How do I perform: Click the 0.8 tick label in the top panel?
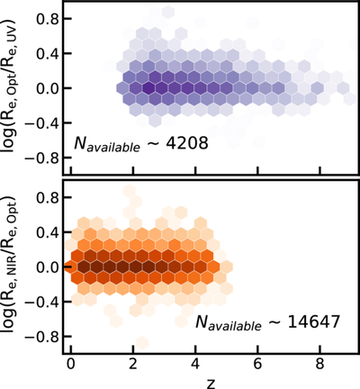[x=46, y=19]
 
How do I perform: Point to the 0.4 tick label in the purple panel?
[x=46, y=53]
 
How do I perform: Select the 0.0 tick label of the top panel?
[x=46, y=88]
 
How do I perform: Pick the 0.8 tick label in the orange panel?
[x=46, y=197]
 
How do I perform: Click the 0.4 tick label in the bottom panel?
[x=46, y=232]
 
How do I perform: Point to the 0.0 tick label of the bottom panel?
[x=46, y=267]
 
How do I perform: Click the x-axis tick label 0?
[x=71, y=365]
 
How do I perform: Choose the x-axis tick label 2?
[x=133, y=365]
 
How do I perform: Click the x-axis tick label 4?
[x=195, y=365]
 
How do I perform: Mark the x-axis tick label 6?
[x=258, y=365]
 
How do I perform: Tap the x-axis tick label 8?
[x=320, y=365]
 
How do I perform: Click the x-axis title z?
[x=211, y=384]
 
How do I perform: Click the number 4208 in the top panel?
[x=188, y=143]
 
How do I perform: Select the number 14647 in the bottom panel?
[x=314, y=322]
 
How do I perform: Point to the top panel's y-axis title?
[x=11, y=88]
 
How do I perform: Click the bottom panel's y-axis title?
[x=11, y=267]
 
